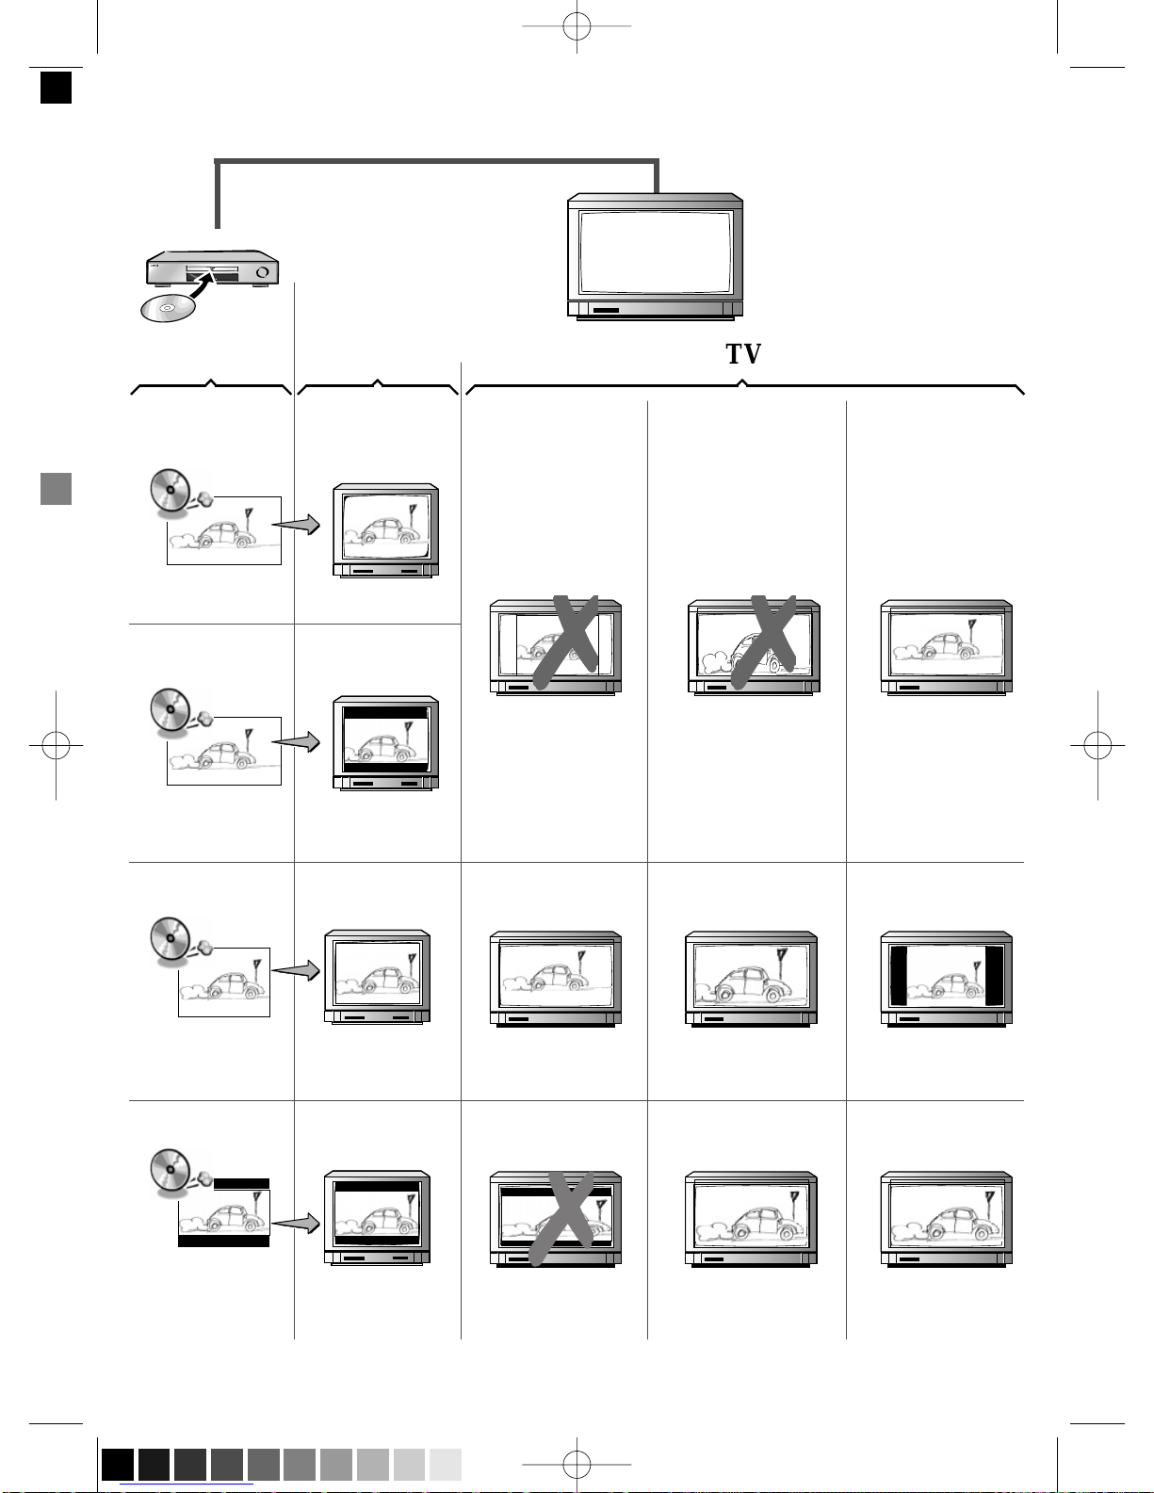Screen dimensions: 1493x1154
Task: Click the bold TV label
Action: click(742, 354)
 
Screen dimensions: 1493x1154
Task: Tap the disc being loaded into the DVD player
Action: click(168, 308)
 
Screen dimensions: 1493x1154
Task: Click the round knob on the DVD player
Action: click(262, 273)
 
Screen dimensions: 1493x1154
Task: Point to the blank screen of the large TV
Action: click(655, 252)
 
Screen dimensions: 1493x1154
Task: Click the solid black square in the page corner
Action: click(57, 88)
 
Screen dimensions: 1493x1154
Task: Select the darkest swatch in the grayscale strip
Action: click(118, 1465)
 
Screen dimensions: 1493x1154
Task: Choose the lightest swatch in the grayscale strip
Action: click(445, 1465)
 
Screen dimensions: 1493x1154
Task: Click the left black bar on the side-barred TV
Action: click(899, 977)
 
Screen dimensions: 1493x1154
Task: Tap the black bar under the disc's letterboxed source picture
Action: click(223, 1241)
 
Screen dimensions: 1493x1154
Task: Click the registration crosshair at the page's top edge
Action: click(577, 26)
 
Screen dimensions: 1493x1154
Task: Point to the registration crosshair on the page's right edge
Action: click(1097, 746)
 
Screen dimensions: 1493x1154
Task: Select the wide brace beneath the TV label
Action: click(744, 386)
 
